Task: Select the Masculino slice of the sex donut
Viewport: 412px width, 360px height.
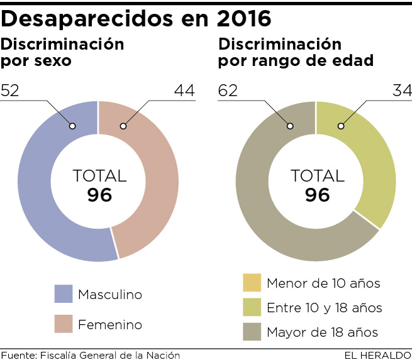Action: (38, 188)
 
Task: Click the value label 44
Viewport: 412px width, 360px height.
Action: (184, 91)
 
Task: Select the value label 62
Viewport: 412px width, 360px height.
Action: (228, 91)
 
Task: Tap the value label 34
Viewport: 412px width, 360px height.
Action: (401, 91)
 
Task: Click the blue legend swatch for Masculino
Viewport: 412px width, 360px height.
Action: (65, 294)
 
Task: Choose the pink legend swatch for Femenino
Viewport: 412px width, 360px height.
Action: (65, 325)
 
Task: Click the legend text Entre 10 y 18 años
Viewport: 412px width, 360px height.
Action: (324, 308)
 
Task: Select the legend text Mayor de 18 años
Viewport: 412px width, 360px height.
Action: (323, 332)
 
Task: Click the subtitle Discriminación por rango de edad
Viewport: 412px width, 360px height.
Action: (296, 53)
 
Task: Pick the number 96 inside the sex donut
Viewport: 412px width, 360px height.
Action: (99, 195)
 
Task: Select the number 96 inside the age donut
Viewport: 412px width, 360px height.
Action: (317, 195)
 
